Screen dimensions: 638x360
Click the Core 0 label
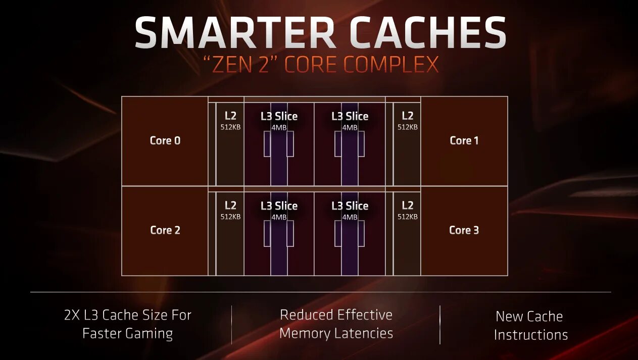pyautogui.click(x=165, y=140)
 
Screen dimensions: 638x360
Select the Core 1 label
pyautogui.click(x=464, y=140)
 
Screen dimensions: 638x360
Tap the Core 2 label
pyautogui.click(x=165, y=230)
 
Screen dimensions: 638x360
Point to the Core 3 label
pyautogui.click(x=464, y=230)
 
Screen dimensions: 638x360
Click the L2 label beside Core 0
pyautogui.click(x=230, y=116)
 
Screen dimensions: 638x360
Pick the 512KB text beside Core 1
pyautogui.click(x=408, y=127)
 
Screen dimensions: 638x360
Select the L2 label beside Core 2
pyautogui.click(x=230, y=205)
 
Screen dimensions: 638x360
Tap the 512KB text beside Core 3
pyautogui.click(x=408, y=217)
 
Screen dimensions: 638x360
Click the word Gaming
pyautogui.click(x=149, y=333)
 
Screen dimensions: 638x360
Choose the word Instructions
pyautogui.click(x=531, y=335)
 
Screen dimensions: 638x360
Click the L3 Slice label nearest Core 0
pyautogui.click(x=279, y=116)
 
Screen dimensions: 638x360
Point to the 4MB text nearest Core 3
pyautogui.click(x=350, y=217)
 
